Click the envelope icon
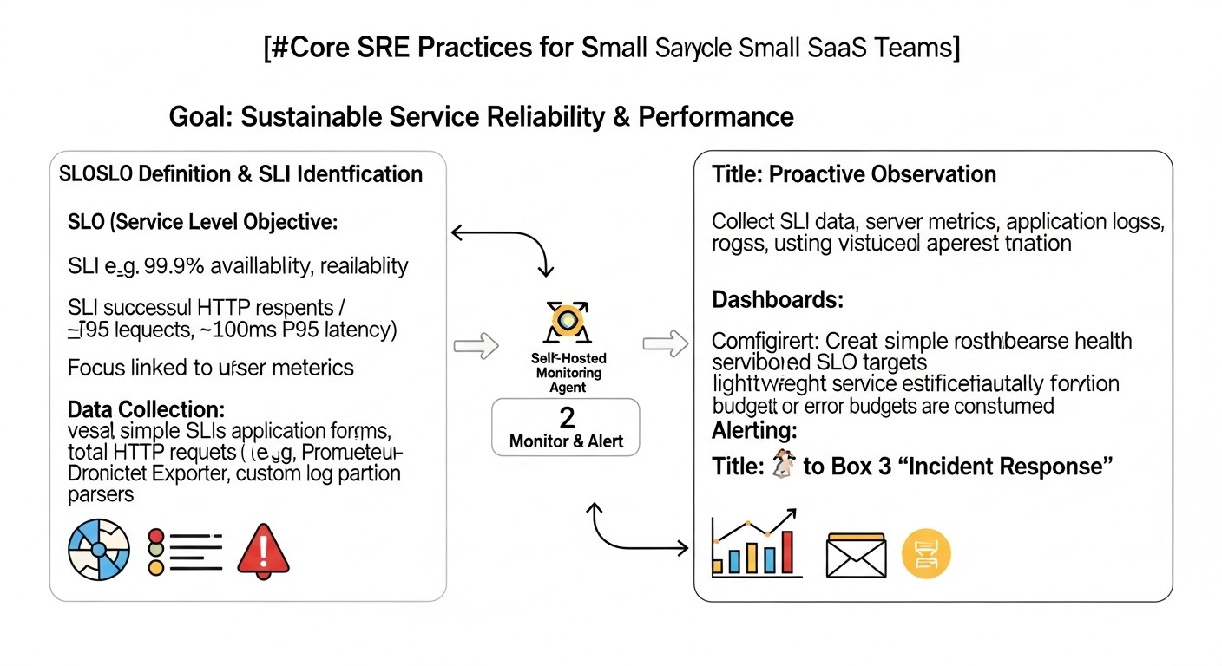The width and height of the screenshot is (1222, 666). (x=856, y=555)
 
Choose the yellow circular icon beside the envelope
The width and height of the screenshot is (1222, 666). (x=927, y=554)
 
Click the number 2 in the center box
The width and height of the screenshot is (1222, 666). (x=566, y=418)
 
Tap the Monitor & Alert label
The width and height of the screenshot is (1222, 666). (x=566, y=441)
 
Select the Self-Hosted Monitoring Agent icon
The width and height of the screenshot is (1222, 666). (x=566, y=323)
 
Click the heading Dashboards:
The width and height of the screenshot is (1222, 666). (x=778, y=300)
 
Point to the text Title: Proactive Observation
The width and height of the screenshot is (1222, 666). (x=854, y=174)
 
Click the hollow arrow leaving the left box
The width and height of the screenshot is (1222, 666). (x=476, y=346)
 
